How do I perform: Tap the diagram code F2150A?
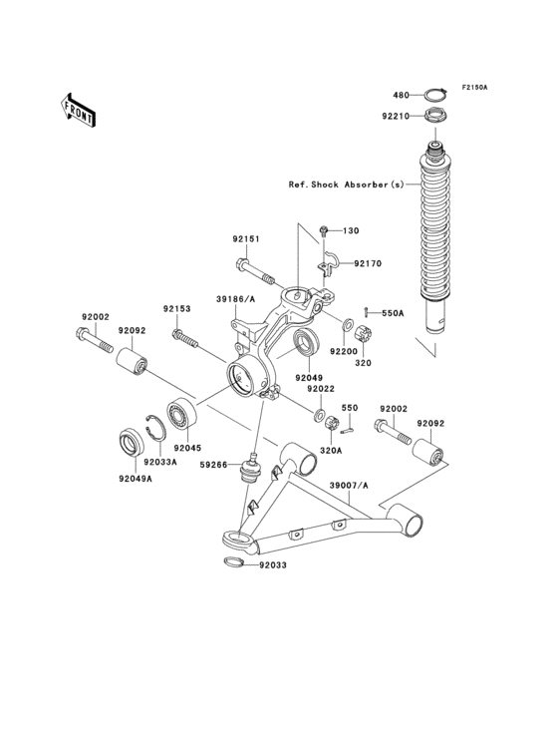[473, 88]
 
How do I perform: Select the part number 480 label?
[400, 95]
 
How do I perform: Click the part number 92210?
[396, 117]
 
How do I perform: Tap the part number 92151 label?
[246, 239]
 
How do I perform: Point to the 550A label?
[394, 313]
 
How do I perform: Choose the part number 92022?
[320, 390]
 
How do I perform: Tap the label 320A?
[329, 450]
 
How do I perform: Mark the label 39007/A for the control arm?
[349, 485]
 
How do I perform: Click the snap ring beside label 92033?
[230, 564]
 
